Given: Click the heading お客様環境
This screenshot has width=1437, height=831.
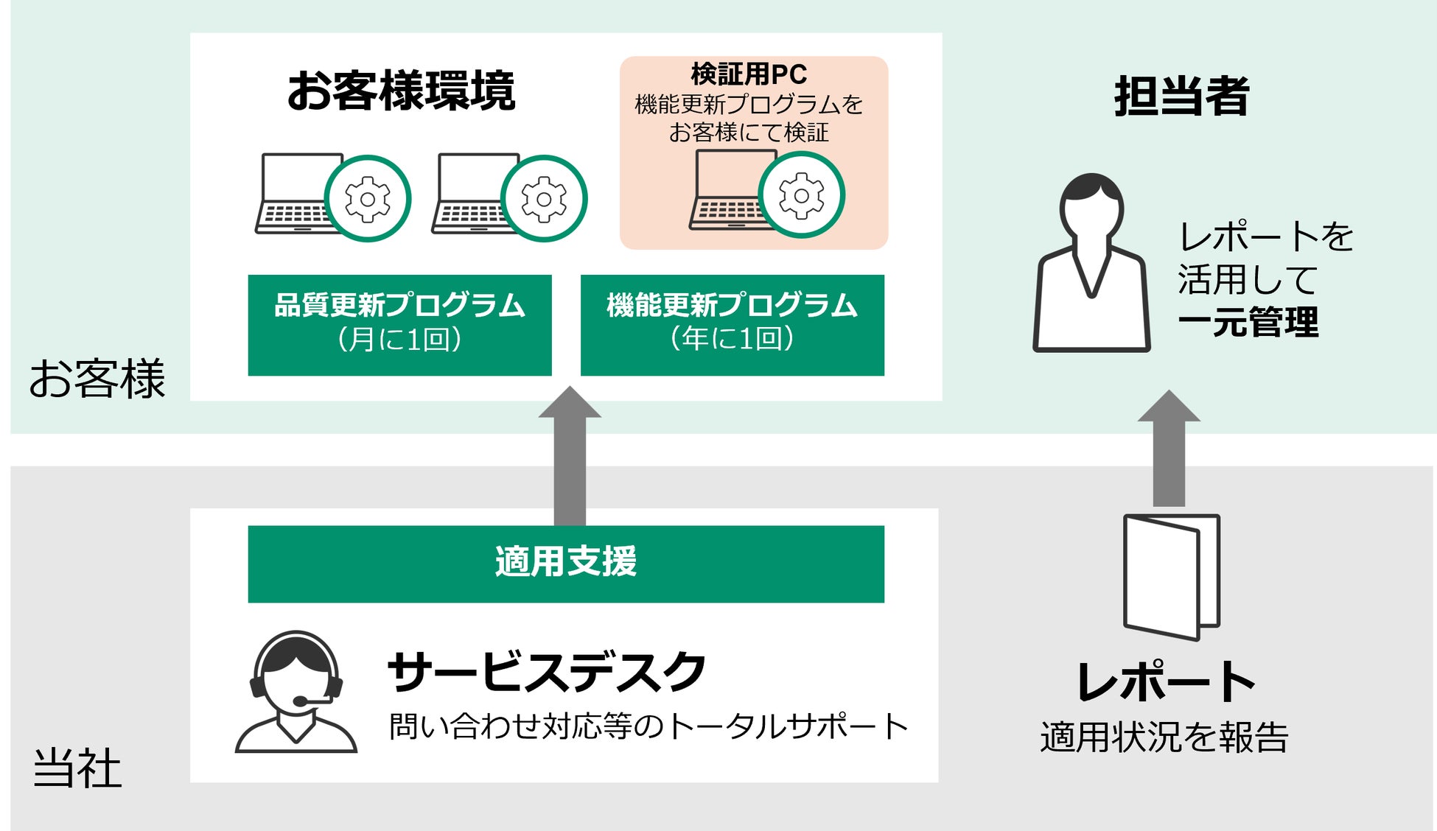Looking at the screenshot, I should [x=401, y=91].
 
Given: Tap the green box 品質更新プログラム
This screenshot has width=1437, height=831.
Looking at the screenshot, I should [x=399, y=325].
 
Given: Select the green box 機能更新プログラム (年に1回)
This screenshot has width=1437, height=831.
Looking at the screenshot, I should [x=732, y=325].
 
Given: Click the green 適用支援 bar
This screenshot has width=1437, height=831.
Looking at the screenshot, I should [x=565, y=564].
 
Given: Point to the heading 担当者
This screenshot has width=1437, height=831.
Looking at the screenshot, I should [x=1181, y=97].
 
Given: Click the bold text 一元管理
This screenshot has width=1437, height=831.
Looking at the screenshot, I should [x=1248, y=323].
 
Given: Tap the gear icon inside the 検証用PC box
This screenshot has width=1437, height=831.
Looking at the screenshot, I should [x=801, y=195].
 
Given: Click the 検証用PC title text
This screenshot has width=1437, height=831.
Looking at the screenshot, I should [x=749, y=74].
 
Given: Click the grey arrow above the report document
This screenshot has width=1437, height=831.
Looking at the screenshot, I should [x=1169, y=449].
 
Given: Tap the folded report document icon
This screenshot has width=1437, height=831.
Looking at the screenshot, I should [x=1171, y=576].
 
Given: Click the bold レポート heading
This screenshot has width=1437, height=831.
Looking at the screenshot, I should [x=1167, y=681].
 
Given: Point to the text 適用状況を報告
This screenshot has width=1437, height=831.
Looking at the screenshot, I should [x=1164, y=737].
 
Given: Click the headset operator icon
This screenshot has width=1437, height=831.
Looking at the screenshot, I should [x=296, y=692].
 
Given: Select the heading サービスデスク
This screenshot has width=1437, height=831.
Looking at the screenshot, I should [x=546, y=671].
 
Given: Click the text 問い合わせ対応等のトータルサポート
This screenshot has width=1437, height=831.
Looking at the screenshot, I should [x=648, y=726].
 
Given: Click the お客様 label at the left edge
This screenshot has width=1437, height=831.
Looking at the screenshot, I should [x=97, y=379].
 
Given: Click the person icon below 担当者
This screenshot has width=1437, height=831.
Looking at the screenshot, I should [x=1091, y=265].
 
